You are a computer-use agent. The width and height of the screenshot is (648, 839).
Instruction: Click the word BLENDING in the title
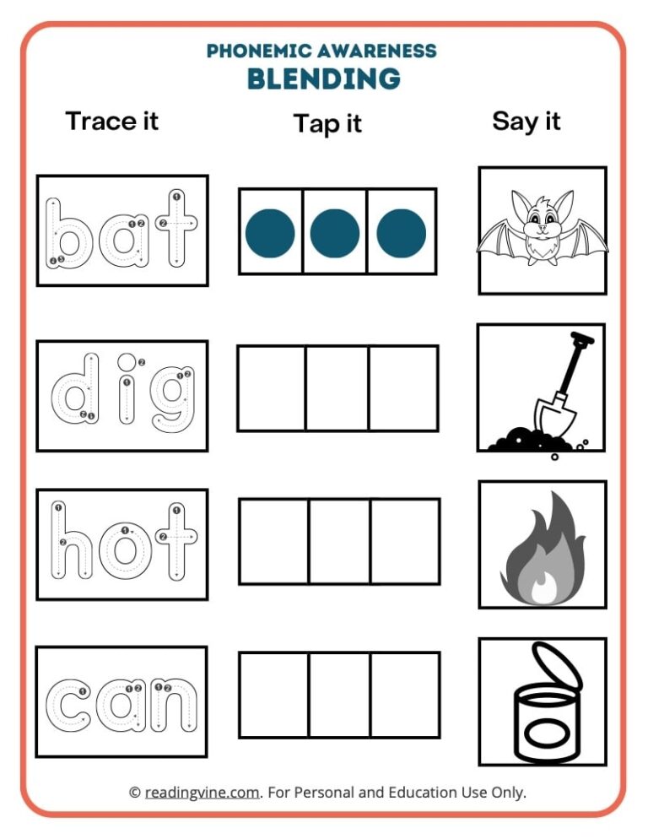pyautogui.click(x=323, y=79)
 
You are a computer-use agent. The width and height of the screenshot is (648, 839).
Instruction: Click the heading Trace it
pyautogui.click(x=112, y=121)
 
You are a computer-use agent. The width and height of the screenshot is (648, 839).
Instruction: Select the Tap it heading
pyautogui.click(x=327, y=123)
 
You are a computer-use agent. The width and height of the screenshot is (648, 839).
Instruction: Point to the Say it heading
pyautogui.click(x=526, y=121)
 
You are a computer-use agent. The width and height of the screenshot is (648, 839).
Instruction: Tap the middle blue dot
pyautogui.click(x=335, y=233)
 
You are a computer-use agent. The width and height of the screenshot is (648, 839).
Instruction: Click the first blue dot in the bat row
pyautogui.click(x=270, y=233)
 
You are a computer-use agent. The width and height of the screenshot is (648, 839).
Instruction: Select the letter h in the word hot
pyautogui.click(x=73, y=544)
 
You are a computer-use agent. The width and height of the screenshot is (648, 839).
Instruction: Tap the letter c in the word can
pyautogui.click(x=68, y=702)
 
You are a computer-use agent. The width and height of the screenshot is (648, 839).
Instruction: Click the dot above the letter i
pyautogui.click(x=127, y=362)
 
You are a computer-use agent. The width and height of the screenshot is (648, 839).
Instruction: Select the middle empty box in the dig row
pyautogui.click(x=337, y=387)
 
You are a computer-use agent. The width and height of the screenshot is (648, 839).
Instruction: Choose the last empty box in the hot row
pyautogui.click(x=405, y=541)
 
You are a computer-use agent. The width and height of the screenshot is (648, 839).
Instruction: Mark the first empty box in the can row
pyautogui.click(x=273, y=694)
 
